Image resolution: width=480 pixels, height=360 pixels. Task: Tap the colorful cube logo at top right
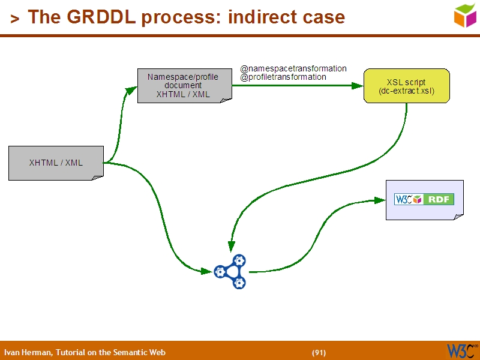pos(465,15)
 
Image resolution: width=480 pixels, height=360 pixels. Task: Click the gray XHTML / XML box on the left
pos(56,163)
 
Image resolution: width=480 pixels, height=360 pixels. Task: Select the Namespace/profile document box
pos(184,86)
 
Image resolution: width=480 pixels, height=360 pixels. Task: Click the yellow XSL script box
pos(406,86)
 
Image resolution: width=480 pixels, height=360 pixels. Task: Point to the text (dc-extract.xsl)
pos(406,91)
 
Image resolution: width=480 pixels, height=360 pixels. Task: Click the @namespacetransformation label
pos(293,68)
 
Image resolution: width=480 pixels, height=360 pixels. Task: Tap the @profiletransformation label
pos(283,77)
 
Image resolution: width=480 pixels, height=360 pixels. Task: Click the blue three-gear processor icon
pos(231,272)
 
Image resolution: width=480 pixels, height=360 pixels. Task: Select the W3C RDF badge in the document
pos(424,199)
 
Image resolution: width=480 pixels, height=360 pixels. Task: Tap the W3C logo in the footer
pos(460,350)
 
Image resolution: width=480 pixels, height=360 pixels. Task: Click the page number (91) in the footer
pos(319,352)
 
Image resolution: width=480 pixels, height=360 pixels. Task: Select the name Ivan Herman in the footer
pos(28,352)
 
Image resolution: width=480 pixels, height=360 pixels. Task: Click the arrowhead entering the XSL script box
pos(358,86)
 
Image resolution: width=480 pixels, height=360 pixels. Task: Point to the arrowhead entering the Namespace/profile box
pos(133,89)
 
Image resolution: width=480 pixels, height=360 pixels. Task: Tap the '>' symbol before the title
pos(14,19)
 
